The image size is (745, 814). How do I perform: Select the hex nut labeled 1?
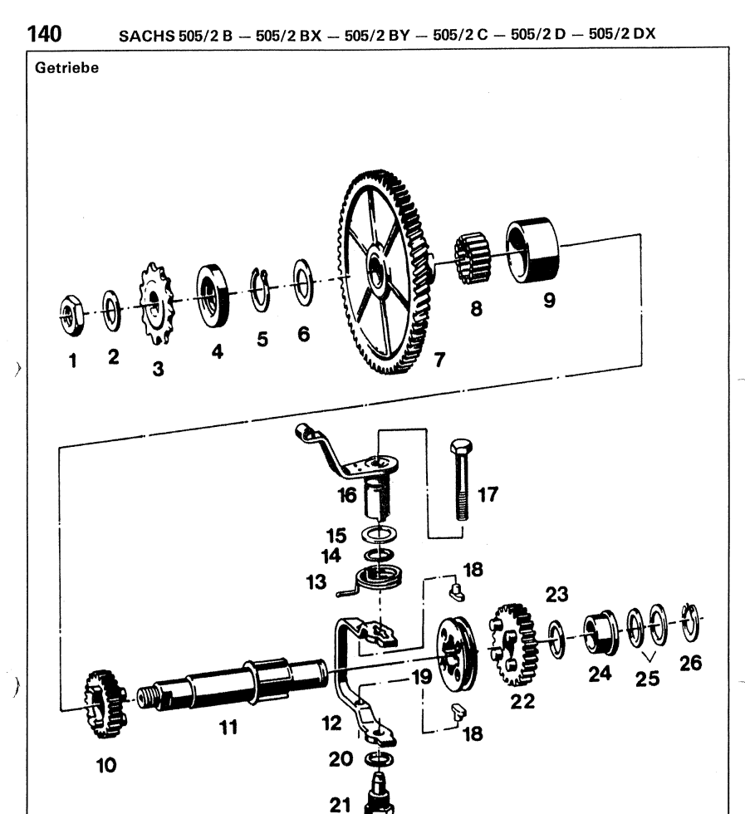tap(71, 314)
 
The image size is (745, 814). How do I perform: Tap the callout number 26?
tap(691, 664)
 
